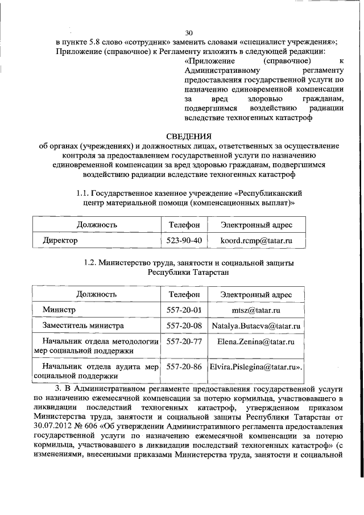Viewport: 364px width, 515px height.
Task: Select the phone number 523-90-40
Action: tap(184, 240)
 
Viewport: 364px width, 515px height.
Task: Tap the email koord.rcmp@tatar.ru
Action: tap(257, 240)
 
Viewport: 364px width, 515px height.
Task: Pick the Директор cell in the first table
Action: tap(60, 240)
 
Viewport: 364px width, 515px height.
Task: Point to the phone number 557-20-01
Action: tap(184, 310)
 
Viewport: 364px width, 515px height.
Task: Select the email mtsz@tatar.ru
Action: tap(257, 310)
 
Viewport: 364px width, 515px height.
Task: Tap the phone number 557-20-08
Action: tap(184, 326)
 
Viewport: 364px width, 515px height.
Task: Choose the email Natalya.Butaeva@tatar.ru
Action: tap(257, 326)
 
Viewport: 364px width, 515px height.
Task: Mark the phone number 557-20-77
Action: tap(184, 342)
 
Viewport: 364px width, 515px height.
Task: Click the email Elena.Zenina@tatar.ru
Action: tap(257, 342)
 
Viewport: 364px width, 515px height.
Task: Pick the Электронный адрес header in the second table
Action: tap(257, 294)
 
